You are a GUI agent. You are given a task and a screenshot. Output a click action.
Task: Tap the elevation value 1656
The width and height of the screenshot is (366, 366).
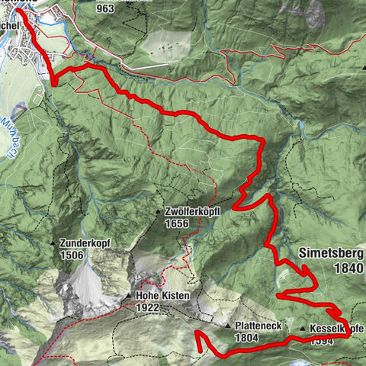(x=176, y=223)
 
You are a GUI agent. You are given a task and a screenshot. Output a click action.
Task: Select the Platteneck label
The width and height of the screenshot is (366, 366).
(x=257, y=325)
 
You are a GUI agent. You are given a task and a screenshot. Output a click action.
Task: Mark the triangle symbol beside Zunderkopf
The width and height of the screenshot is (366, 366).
(x=53, y=243)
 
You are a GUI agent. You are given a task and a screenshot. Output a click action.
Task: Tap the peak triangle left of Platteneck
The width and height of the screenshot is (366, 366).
(x=228, y=325)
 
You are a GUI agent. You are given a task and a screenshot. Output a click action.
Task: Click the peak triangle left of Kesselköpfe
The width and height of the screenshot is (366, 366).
(x=303, y=329)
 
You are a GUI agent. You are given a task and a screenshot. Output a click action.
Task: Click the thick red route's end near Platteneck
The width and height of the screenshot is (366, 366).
(x=199, y=351)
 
